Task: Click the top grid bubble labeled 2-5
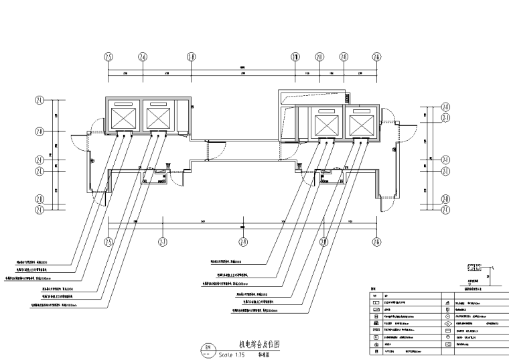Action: pyautogui.click(x=108, y=57)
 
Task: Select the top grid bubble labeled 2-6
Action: pyautogui.click(x=143, y=57)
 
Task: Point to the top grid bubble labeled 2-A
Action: pyautogui.click(x=376, y=57)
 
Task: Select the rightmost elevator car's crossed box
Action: pyautogui.click(x=360, y=125)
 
